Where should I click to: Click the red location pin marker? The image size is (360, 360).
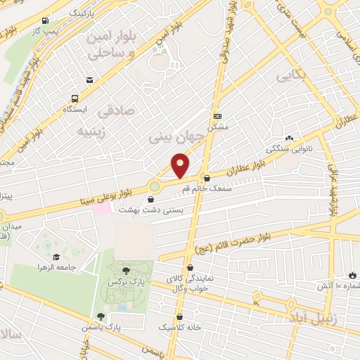click(181, 165)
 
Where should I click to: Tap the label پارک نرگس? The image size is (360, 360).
click(120, 281)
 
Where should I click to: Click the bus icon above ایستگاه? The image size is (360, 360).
click(75, 99)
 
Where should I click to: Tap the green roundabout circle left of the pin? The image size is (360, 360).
click(154, 186)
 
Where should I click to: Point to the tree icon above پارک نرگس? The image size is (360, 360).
click(125, 269)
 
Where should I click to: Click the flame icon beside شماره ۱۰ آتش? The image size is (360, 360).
click(352, 275)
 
